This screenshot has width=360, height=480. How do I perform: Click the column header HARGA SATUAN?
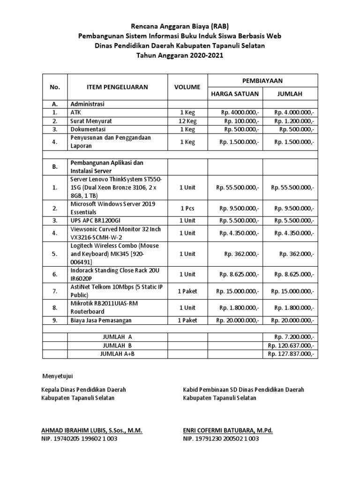point(235,94)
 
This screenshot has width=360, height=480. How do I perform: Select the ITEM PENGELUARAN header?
point(117,87)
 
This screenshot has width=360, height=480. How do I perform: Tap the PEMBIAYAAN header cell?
point(263,81)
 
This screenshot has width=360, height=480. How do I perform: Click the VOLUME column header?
point(187,87)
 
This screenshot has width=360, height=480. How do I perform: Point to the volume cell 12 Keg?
point(187,121)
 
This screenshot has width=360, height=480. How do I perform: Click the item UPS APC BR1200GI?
point(98,220)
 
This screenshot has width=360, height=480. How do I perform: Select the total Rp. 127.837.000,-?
point(291,354)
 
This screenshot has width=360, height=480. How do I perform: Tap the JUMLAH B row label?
point(118,345)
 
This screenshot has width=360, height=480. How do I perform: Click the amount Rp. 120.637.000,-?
point(291,345)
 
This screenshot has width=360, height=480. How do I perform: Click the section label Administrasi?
point(87,104)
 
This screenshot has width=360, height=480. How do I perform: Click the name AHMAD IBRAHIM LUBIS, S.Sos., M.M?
point(92,430)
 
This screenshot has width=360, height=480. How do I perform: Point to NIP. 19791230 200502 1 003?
point(221,439)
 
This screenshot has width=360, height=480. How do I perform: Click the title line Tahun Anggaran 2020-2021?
point(180,55)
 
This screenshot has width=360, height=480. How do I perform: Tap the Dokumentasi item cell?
point(88,129)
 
